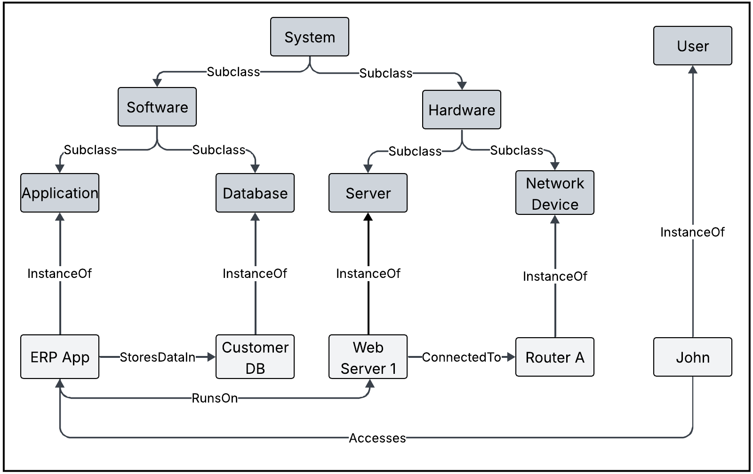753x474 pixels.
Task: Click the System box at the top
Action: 309,37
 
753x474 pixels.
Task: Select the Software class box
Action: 157,107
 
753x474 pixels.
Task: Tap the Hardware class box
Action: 461,110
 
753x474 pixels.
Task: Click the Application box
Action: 60,193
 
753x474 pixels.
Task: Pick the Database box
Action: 255,193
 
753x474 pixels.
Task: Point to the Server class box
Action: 368,193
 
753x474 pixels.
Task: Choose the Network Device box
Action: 554,193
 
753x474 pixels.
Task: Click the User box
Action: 692,46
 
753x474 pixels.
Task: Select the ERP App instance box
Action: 60,357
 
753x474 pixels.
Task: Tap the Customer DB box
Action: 255,357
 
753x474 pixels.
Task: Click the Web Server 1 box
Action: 368,357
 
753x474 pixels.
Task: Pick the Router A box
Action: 554,357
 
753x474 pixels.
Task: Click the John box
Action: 692,357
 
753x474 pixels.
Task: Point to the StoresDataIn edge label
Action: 157,357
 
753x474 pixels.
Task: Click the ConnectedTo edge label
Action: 461,357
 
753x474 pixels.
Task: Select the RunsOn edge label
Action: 215,398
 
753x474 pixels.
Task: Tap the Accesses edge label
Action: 377,438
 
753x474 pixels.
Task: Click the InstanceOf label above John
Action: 692,232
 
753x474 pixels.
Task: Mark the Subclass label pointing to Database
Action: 219,150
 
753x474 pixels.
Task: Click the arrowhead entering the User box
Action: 693,70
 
